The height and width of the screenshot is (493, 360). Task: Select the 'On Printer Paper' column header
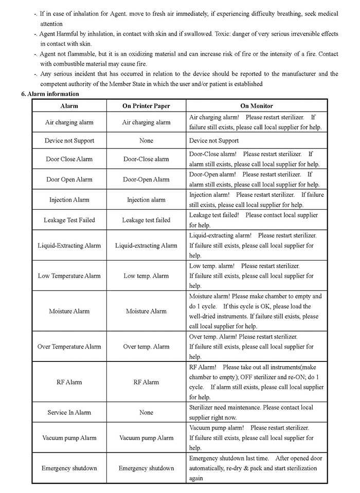point(146,106)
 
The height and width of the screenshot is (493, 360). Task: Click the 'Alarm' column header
point(69,106)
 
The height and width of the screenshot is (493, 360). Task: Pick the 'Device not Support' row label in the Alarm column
point(69,140)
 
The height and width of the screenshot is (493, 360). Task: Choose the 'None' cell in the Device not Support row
point(146,140)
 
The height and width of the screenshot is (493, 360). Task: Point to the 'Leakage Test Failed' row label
point(69,220)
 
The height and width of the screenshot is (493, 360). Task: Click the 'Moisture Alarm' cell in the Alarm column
point(69,311)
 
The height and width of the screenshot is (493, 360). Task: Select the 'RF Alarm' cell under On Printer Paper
point(146,382)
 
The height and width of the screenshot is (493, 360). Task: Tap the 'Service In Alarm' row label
point(69,412)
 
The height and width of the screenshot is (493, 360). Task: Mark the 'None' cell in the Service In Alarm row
point(146,412)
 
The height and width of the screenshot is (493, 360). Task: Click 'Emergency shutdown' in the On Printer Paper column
point(146,468)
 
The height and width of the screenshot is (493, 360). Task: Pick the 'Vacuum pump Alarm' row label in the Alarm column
point(69,438)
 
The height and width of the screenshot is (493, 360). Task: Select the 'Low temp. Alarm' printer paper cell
point(146,276)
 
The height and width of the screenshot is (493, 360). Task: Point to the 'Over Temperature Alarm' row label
point(69,346)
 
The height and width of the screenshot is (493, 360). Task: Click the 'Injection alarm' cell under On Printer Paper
point(146,200)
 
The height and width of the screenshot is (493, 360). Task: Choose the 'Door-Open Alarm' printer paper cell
point(146,179)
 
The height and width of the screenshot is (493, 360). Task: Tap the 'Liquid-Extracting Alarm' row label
point(69,246)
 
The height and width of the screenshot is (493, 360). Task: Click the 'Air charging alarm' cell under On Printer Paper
point(146,122)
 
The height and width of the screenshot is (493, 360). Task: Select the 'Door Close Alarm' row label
point(69,159)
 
